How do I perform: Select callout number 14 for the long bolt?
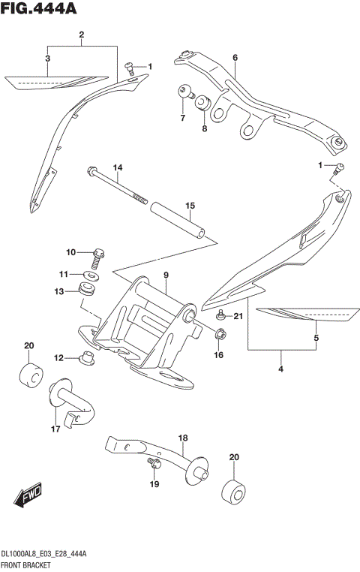[117, 167]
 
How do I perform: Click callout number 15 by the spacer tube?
[190, 205]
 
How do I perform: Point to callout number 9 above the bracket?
[166, 275]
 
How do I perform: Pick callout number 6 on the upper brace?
[235, 58]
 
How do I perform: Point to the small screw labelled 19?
[154, 466]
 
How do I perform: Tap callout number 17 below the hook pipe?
[55, 429]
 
